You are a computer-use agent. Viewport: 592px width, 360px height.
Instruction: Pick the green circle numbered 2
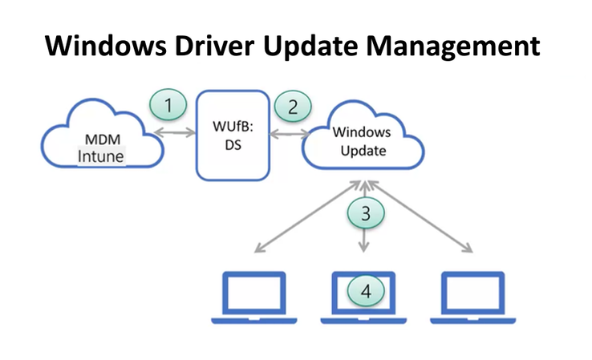coord(292,104)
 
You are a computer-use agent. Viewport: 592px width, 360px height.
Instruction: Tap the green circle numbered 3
coord(366,212)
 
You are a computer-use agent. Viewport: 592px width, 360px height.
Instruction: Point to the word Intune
coord(101,156)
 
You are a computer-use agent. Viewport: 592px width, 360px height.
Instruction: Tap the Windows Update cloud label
coord(359,141)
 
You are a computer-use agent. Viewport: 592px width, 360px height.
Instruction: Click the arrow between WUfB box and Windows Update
coord(290,131)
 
